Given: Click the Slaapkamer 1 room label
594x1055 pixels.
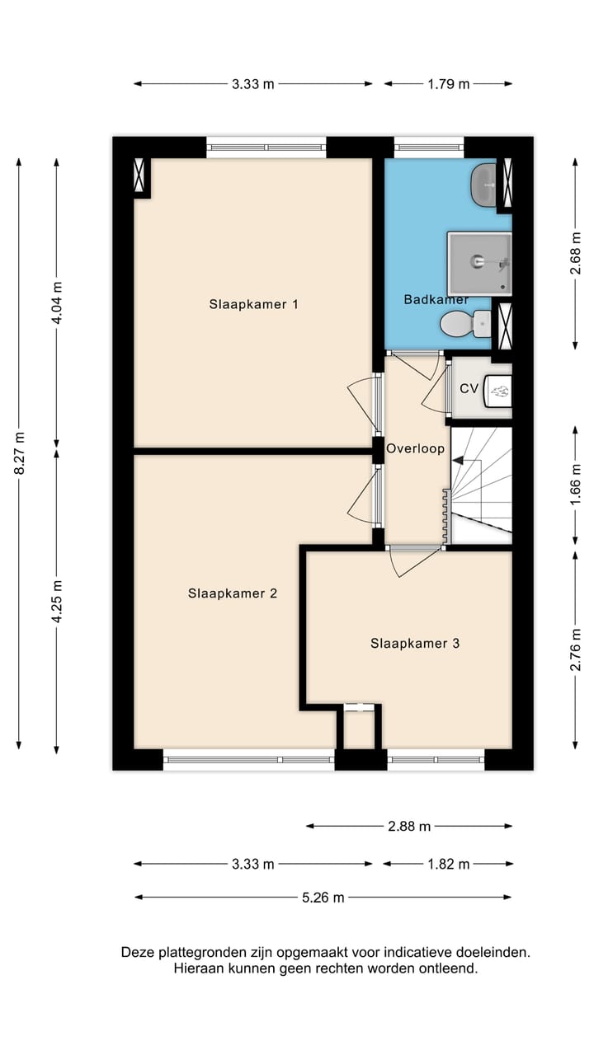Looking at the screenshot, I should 253,304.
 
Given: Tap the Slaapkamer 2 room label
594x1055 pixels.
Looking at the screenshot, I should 232,593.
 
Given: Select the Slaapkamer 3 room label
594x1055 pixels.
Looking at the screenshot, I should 414,644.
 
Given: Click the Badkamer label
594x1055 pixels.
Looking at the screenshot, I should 436,299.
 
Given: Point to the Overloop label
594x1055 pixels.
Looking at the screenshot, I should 415,449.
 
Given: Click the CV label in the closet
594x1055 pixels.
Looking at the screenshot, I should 469,388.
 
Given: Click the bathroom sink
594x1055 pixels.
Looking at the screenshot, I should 483,185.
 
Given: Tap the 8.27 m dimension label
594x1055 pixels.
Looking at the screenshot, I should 19,452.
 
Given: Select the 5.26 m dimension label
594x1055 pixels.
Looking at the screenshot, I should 322,898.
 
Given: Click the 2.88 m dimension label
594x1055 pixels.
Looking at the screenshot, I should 408,826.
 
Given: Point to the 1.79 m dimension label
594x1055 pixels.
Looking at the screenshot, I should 447,83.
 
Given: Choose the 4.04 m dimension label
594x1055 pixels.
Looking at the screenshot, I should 57,303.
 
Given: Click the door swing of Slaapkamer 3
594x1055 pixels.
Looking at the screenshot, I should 412,562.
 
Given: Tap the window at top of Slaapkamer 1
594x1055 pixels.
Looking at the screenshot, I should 266,148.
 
